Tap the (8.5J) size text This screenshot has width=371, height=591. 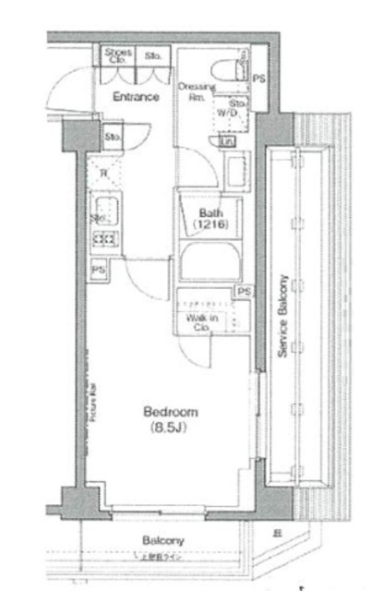(x=169, y=428)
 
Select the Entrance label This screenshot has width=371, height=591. (x=135, y=96)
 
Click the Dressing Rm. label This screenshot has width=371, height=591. (x=201, y=92)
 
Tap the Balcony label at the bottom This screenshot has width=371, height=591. (x=163, y=540)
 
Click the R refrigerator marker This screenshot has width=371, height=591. (x=103, y=173)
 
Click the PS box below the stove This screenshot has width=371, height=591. (x=97, y=270)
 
